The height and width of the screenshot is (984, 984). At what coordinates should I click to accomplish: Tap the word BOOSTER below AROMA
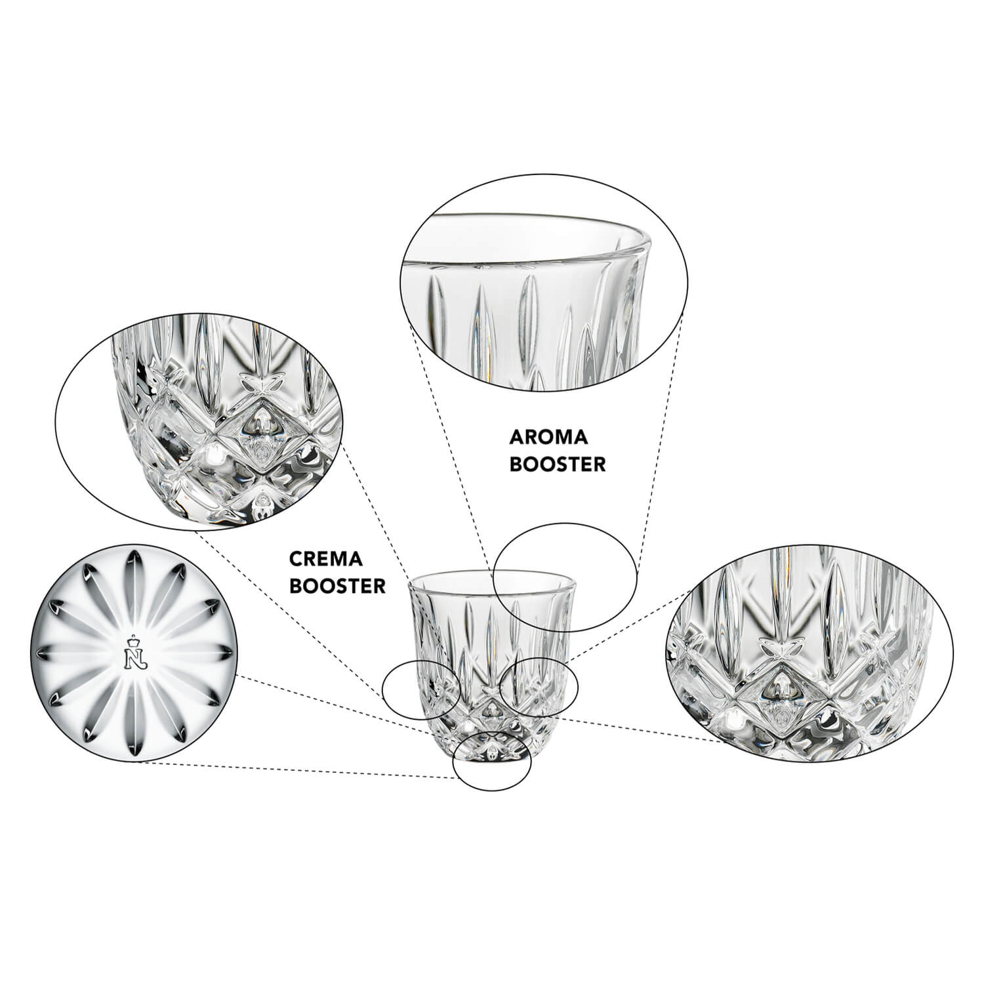pos(557,464)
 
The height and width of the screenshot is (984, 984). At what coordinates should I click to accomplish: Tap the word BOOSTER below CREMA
pos(338,585)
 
